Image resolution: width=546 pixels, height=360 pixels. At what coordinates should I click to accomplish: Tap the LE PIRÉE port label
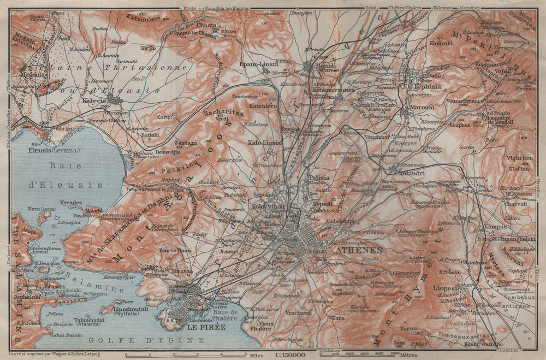pyautogui.click(x=205, y=329)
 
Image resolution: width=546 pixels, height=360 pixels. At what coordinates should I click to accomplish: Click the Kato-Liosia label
pyautogui.click(x=264, y=142)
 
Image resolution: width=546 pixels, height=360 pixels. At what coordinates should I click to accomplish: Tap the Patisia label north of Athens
pyautogui.click(x=319, y=177)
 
